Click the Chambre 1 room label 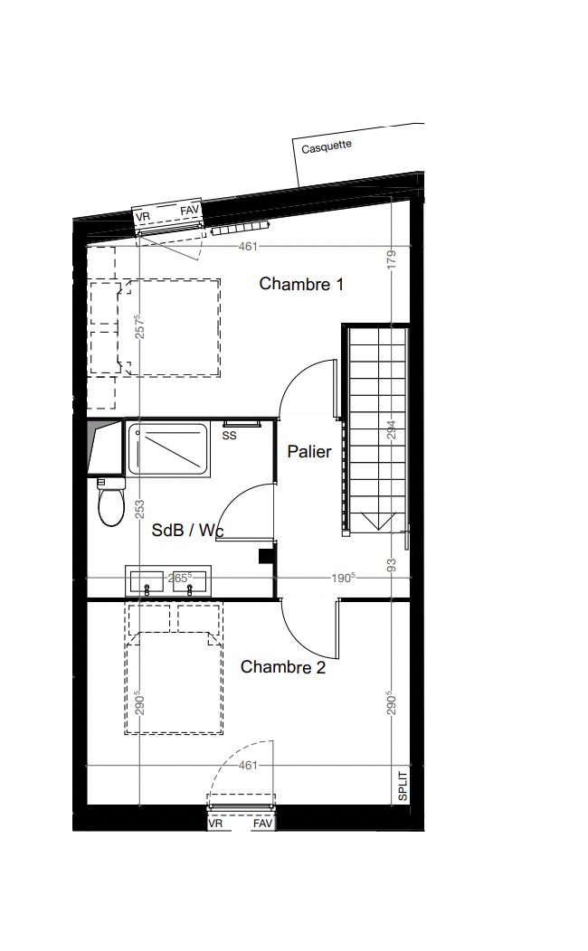pyautogui.click(x=301, y=284)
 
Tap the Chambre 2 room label pyautogui.click(x=283, y=667)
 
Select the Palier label pyautogui.click(x=309, y=452)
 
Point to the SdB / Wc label pyautogui.click(x=187, y=530)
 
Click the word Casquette pyautogui.click(x=327, y=146)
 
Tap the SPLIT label pyautogui.click(x=403, y=786)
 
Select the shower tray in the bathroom pyautogui.click(x=167, y=448)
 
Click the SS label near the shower pyautogui.click(x=230, y=436)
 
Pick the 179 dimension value pyautogui.click(x=392, y=259)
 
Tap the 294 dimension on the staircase pyautogui.click(x=392, y=430)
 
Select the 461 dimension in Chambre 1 pyautogui.click(x=248, y=246)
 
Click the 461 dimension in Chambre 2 pyautogui.click(x=248, y=766)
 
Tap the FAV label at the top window pyautogui.click(x=189, y=211)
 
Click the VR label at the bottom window pyautogui.click(x=215, y=824)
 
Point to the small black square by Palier pyautogui.click(x=266, y=556)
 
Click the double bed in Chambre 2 pyautogui.click(x=174, y=668)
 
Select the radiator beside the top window pyautogui.click(x=241, y=228)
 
